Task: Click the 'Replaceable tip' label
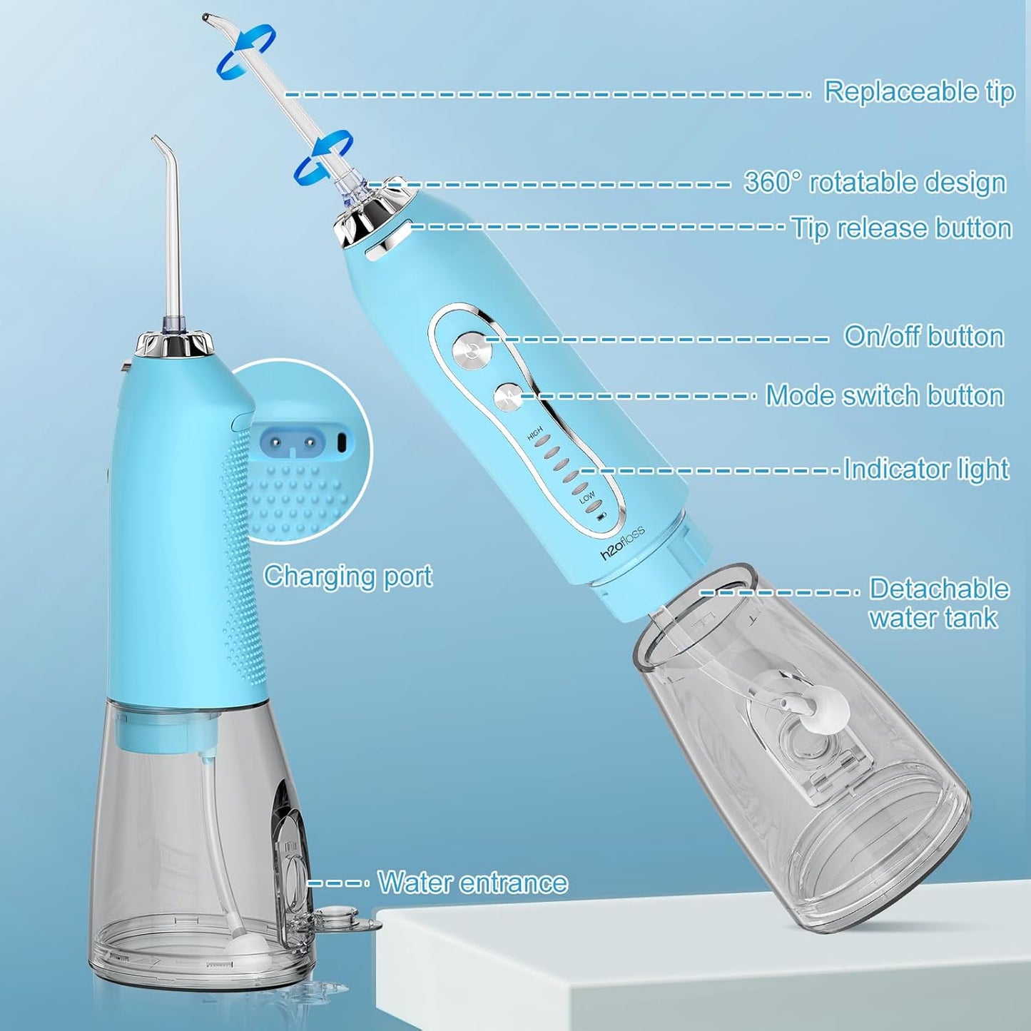tap(919, 92)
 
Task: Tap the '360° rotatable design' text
tap(875, 183)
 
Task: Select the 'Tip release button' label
tap(902, 228)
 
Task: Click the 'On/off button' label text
tap(924, 336)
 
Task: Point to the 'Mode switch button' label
tap(885, 395)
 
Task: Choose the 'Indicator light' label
tap(926, 469)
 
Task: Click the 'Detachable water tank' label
tap(938, 603)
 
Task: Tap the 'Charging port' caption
tap(347, 576)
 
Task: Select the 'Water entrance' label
tap(472, 883)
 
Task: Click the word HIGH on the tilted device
tap(535, 434)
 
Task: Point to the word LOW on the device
tap(587, 497)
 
